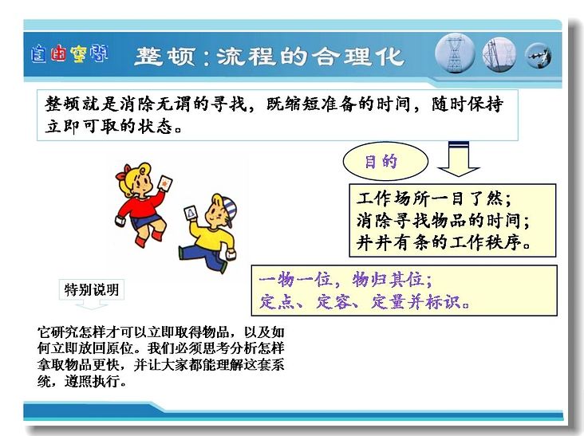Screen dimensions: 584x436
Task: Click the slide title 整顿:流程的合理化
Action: click(269, 56)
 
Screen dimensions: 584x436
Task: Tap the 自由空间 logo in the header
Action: click(69, 53)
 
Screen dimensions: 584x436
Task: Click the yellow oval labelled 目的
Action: click(385, 162)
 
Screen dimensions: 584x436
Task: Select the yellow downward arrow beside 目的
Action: click(459, 159)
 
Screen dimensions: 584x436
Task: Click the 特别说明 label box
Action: click(92, 289)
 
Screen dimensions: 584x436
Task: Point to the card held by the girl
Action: click(165, 183)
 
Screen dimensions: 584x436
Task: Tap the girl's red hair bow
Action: click(124, 173)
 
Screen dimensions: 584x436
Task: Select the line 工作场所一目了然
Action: click(434, 198)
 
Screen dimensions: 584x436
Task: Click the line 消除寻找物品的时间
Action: click(444, 220)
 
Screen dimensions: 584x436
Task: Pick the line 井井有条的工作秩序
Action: click(444, 242)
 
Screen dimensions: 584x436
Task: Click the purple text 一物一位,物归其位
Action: click(345, 280)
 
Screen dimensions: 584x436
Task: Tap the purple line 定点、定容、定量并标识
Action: click(364, 301)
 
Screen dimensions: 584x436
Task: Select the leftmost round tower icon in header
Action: click(455, 54)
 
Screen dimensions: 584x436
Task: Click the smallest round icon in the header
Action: click(539, 56)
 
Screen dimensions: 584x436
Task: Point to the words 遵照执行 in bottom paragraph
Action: click(96, 381)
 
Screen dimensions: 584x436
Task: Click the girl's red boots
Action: click(149, 238)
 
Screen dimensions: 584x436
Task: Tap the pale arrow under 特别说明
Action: click(92, 304)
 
